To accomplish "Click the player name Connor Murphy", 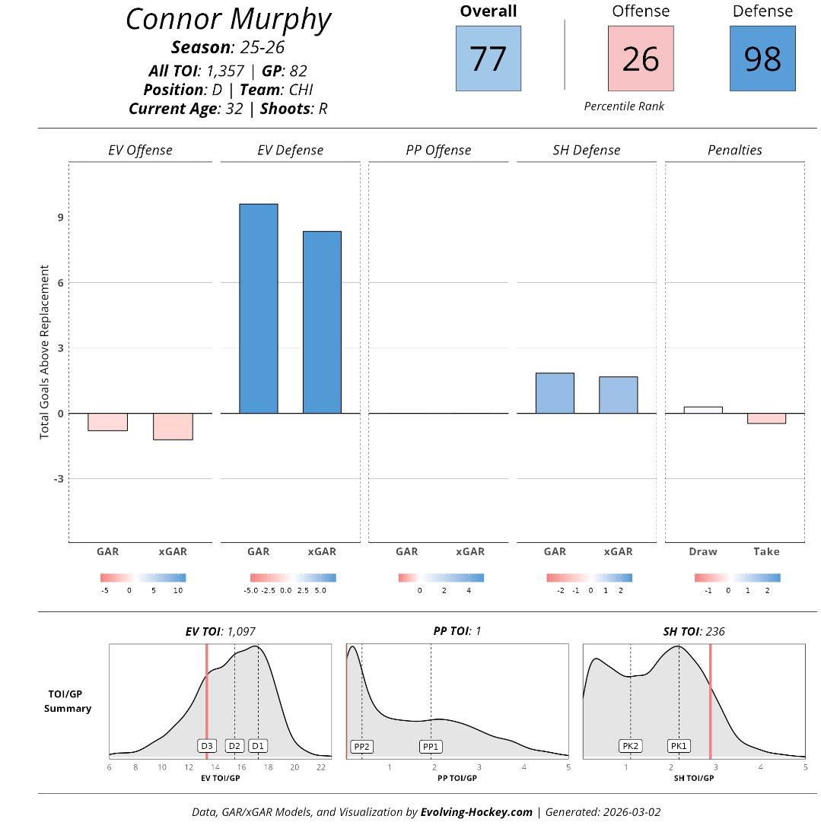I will click(228, 20).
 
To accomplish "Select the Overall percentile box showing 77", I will click(488, 59).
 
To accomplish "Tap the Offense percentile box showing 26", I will click(640, 59).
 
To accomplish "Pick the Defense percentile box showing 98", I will click(762, 59).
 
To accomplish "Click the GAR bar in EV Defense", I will click(258, 309).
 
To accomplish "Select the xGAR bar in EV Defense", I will click(321, 322).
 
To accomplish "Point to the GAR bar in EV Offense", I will click(107, 422).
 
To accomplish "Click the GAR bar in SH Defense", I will click(555, 393).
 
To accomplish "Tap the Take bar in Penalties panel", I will click(766, 418).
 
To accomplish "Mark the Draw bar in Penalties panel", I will click(702, 410).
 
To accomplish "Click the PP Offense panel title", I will click(438, 151).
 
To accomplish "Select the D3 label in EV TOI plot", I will click(207, 746).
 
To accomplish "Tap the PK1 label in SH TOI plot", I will click(679, 746).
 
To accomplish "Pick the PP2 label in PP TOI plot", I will click(361, 747).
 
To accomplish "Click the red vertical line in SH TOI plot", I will click(710, 700).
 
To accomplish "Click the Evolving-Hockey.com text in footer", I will click(476, 812).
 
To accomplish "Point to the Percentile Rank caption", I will click(624, 106).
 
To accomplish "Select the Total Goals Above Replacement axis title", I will click(44, 351).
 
